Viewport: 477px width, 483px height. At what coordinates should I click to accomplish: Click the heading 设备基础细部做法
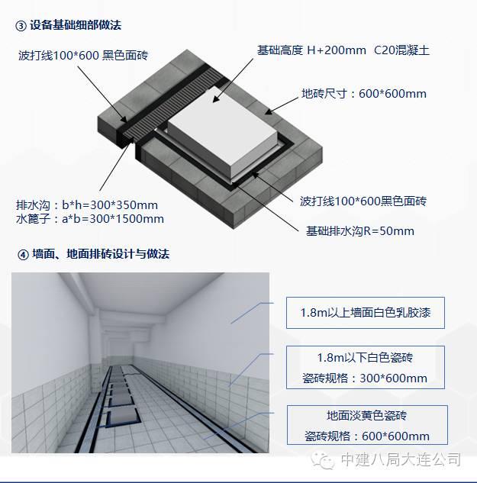(x=76, y=25)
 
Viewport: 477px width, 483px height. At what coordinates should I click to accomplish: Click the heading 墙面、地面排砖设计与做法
(x=101, y=254)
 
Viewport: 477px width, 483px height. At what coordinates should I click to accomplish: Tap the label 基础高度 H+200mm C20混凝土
(x=343, y=50)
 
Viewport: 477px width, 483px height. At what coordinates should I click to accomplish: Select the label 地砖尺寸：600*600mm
(x=364, y=94)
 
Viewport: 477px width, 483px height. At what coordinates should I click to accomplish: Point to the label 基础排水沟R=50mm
(x=360, y=231)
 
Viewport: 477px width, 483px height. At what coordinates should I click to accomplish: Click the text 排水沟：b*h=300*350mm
(x=87, y=205)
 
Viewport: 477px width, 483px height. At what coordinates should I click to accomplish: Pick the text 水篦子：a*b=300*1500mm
(x=90, y=219)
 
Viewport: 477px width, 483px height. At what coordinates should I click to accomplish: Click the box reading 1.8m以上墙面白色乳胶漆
(x=366, y=313)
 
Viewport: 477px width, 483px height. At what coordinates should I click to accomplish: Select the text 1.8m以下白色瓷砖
(x=365, y=358)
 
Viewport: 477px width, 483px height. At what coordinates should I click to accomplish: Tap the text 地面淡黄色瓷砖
(x=366, y=416)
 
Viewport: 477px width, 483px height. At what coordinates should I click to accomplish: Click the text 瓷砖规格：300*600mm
(x=365, y=378)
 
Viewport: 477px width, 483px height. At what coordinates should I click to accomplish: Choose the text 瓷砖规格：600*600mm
(x=367, y=436)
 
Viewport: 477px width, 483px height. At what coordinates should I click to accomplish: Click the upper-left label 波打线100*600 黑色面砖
(x=83, y=56)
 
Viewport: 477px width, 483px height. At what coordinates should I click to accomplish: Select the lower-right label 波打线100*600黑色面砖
(x=363, y=201)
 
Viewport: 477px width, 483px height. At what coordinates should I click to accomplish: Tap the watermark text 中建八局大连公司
(x=401, y=460)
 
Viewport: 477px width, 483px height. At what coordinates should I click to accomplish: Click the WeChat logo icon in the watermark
(x=323, y=460)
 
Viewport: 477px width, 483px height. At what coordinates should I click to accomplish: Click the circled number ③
(x=21, y=26)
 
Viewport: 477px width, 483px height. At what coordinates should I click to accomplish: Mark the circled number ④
(x=23, y=255)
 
